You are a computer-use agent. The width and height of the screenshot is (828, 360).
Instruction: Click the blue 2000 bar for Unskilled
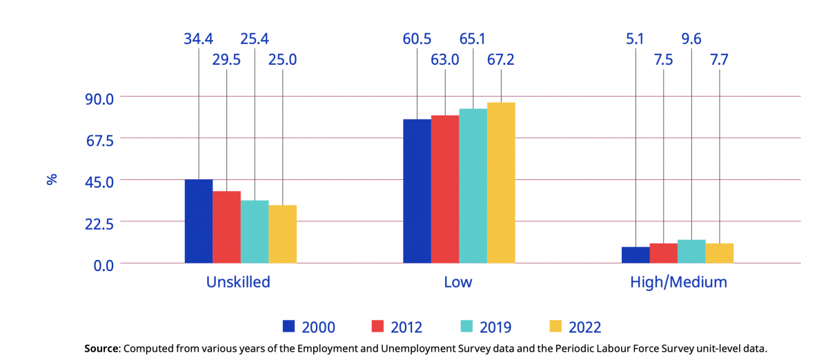point(199,221)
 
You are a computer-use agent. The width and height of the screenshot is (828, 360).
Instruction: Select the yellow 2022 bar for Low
point(501,183)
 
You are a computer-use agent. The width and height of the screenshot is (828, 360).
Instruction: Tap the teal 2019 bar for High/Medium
point(691,252)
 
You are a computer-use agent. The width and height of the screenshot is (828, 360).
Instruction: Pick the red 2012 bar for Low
point(445,189)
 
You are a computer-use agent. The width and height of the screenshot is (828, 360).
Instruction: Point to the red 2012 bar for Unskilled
point(226,227)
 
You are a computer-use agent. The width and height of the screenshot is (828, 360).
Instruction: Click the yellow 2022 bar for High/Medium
point(719,253)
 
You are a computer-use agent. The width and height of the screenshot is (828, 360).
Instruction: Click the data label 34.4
point(198,39)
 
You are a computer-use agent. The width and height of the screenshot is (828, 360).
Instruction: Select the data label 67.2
point(501,59)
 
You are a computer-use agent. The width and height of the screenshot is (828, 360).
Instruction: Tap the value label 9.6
point(691,39)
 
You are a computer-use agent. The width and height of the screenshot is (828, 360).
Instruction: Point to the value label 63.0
point(446,59)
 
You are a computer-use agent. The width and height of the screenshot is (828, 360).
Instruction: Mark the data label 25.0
point(283,59)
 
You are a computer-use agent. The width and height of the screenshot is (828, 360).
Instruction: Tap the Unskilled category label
point(238,282)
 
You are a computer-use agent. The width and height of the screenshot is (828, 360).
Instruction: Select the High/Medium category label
point(678,282)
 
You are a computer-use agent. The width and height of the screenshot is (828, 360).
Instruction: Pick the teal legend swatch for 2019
point(466,326)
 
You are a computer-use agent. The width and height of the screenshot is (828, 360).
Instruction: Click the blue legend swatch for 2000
point(289,326)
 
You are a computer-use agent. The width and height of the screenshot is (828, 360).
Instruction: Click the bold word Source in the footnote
point(101,348)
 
